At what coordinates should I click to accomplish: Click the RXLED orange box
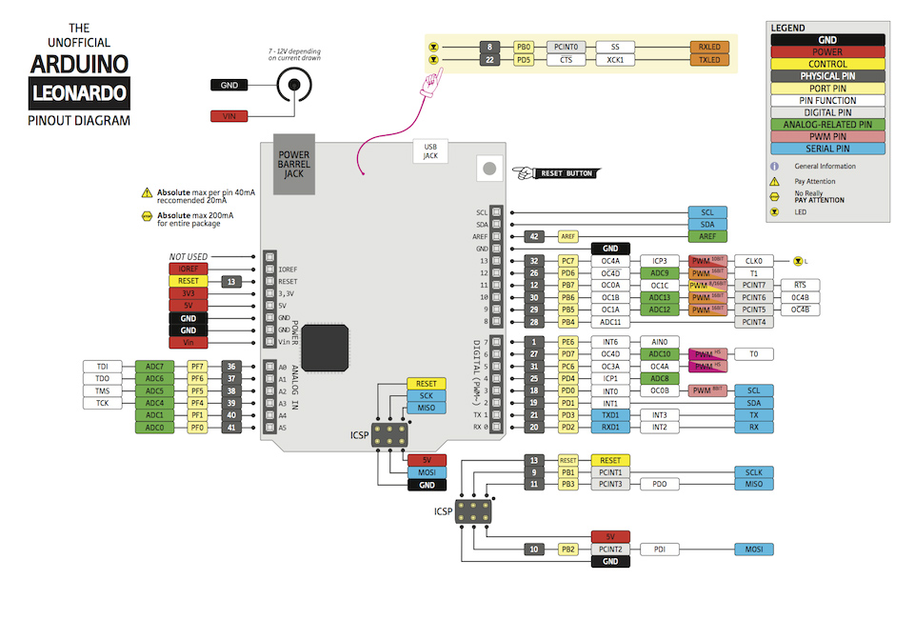(x=708, y=46)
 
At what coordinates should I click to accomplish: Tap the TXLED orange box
(x=708, y=60)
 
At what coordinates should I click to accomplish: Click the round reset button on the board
(x=489, y=169)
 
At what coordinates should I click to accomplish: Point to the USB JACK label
(x=430, y=151)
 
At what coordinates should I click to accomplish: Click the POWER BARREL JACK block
(x=294, y=164)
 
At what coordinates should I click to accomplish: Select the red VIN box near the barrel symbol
(x=229, y=116)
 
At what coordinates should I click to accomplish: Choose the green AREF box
(x=706, y=236)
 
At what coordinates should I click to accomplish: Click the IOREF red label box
(x=188, y=270)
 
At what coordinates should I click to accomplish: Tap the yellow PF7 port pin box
(x=196, y=366)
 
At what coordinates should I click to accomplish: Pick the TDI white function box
(x=102, y=366)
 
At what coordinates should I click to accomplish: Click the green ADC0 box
(x=153, y=429)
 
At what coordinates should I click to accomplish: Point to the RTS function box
(x=799, y=285)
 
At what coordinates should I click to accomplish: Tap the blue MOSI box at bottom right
(x=753, y=550)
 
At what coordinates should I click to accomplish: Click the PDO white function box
(x=659, y=485)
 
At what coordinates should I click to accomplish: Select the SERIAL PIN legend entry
(x=828, y=149)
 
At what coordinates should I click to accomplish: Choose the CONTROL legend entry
(x=828, y=65)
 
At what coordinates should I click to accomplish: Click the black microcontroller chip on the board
(x=332, y=343)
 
